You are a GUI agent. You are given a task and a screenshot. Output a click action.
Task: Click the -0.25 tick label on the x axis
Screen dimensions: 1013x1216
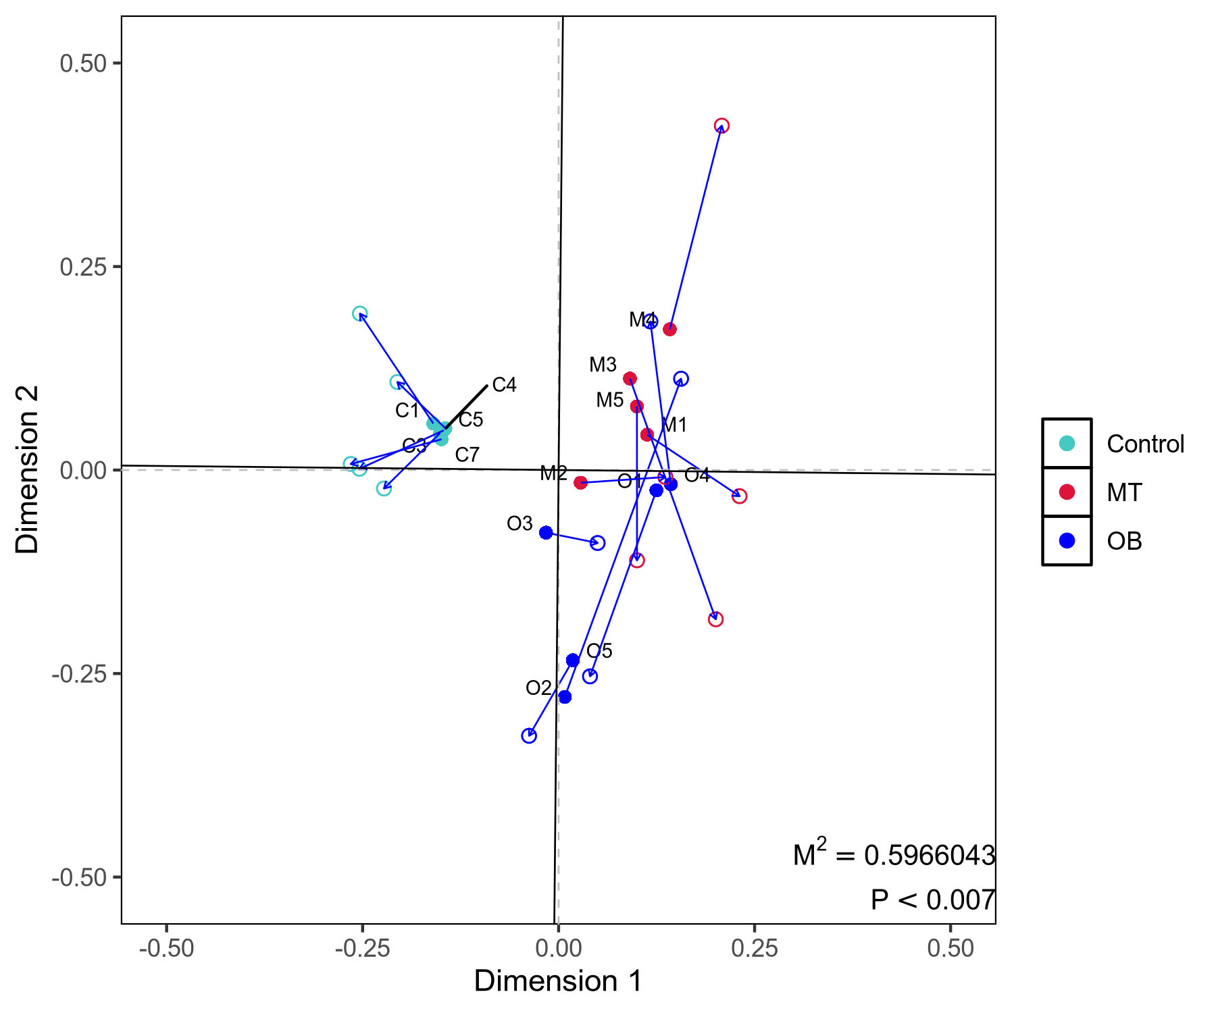[362, 948]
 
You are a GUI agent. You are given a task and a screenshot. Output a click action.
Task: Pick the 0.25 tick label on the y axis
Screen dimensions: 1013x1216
[84, 267]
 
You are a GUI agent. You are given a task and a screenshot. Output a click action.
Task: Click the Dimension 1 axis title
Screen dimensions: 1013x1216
[558, 981]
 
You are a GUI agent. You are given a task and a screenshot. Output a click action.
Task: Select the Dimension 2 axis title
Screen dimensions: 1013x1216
[28, 469]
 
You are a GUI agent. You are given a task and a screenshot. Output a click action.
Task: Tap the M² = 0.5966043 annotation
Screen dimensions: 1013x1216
[894, 854]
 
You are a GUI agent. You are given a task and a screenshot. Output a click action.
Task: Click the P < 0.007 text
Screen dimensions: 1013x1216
[932, 900]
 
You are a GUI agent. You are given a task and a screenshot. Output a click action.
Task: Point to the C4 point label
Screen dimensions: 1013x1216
[504, 385]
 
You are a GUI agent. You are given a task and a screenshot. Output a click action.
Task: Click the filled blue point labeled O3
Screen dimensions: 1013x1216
[546, 533]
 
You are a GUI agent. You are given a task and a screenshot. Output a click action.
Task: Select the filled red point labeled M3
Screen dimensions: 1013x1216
[630, 379]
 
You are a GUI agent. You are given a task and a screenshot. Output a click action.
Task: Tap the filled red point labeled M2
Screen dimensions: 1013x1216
[580, 482]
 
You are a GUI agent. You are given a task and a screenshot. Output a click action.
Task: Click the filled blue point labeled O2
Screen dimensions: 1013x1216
[565, 697]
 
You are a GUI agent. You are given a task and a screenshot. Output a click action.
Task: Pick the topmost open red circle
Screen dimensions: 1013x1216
[721, 126]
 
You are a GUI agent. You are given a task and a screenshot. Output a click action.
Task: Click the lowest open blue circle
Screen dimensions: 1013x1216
[529, 736]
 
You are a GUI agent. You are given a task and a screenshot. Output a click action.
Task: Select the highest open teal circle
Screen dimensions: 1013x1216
[359, 313]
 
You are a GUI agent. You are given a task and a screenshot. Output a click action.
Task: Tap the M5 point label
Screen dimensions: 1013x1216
[609, 400]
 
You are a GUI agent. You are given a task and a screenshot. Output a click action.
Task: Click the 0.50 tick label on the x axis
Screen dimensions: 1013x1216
[950, 948]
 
